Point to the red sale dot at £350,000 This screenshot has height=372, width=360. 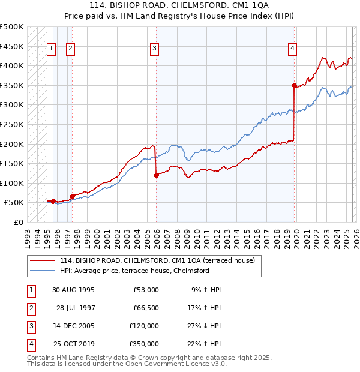(294, 86)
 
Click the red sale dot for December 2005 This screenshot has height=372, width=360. (156, 176)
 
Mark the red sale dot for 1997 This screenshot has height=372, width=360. (72, 196)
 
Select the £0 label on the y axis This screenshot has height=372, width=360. (18, 222)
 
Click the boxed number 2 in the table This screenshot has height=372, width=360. (30, 308)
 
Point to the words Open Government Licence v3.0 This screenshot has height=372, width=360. (176, 364)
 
